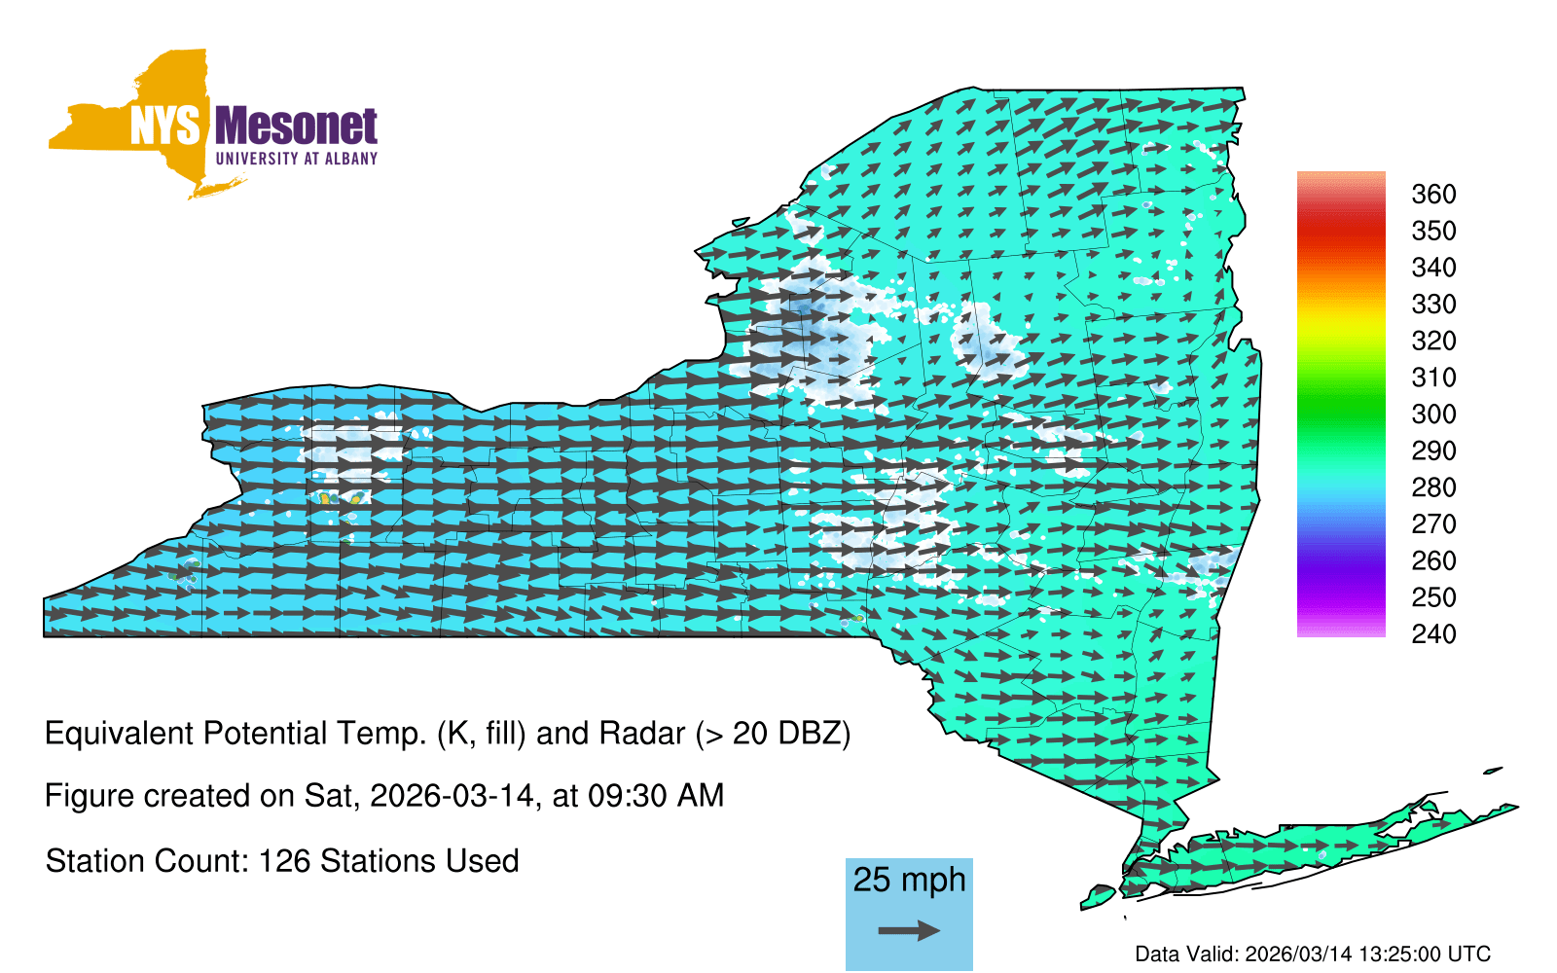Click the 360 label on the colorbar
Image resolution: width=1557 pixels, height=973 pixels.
click(x=1433, y=194)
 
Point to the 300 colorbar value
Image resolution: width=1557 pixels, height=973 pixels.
click(x=1433, y=414)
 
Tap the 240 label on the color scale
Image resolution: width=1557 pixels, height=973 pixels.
click(x=1433, y=633)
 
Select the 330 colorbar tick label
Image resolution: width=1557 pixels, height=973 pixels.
click(x=1433, y=305)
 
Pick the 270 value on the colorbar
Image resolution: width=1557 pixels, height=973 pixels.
click(x=1433, y=524)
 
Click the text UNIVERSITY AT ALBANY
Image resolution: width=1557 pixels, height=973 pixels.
click(x=296, y=159)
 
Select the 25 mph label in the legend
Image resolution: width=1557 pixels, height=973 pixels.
click(x=909, y=880)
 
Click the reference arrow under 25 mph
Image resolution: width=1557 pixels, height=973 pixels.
click(x=909, y=930)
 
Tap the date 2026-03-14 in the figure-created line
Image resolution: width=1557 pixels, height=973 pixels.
click(x=454, y=796)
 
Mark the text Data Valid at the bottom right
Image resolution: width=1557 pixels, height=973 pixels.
click(x=1186, y=954)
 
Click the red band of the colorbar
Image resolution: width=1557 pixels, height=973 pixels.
click(x=1341, y=230)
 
